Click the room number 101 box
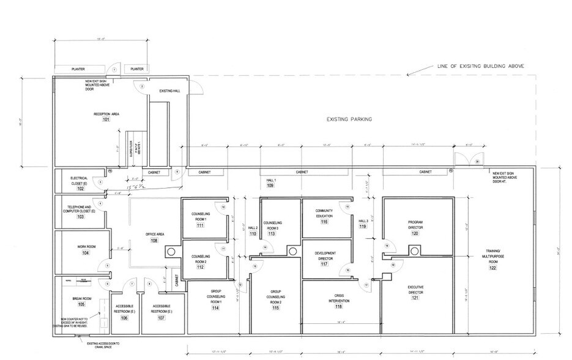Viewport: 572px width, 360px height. (x=105, y=120)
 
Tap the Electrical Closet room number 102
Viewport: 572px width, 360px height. (x=80, y=189)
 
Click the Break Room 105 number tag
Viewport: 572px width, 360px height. (x=81, y=304)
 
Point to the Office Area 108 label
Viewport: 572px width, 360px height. (x=155, y=241)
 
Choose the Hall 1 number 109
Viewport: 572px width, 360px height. (x=269, y=184)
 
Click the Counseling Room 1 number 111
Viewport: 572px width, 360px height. (x=199, y=225)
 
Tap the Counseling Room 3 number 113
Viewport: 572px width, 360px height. (x=271, y=234)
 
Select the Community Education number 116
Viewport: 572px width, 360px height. (x=324, y=222)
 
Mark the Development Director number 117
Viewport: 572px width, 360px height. (x=324, y=264)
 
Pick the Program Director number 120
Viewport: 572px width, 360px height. (x=415, y=233)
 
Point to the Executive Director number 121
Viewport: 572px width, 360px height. (x=415, y=298)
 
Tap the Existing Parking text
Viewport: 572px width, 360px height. (x=349, y=120)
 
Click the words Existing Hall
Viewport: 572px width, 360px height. (x=169, y=91)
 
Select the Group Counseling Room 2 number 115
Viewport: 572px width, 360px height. (x=275, y=308)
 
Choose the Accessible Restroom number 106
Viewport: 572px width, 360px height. (x=124, y=318)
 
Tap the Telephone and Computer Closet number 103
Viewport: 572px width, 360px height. (x=80, y=217)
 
